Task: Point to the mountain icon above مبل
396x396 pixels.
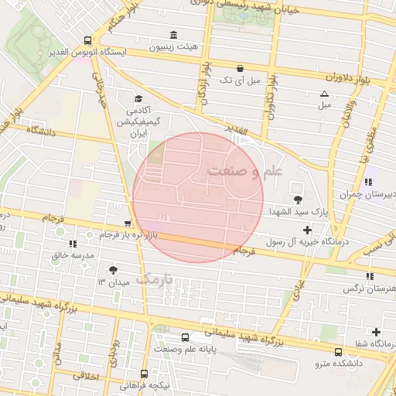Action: coord(323,94)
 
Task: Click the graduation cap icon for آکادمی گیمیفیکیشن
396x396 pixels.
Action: coord(138,98)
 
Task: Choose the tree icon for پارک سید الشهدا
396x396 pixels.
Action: coord(299,200)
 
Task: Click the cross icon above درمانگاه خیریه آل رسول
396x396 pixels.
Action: coord(308,230)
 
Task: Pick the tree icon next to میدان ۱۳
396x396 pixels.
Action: coord(113,270)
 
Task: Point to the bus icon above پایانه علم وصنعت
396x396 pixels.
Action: coord(184,337)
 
